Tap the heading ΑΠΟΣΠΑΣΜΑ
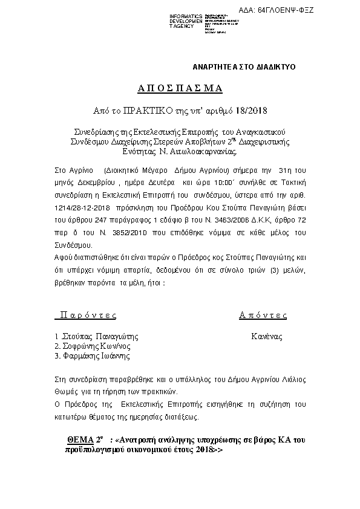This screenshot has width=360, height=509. [x=180, y=88]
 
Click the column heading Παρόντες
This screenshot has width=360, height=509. [x=86, y=315]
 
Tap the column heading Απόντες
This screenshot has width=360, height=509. [x=263, y=315]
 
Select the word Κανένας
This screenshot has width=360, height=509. [x=267, y=336]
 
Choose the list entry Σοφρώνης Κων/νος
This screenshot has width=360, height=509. [x=94, y=346]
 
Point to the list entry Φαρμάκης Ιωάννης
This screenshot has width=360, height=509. [x=94, y=357]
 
